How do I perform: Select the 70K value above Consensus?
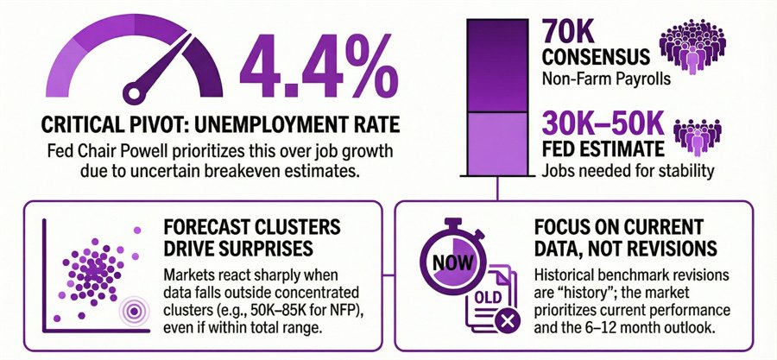[577, 34]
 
